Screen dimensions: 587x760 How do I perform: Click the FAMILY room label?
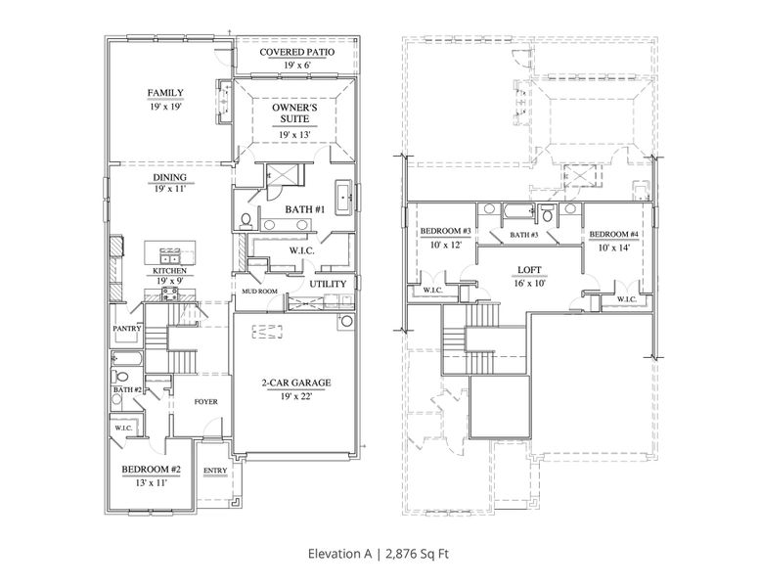point(166,93)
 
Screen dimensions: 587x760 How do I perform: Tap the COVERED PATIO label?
point(294,51)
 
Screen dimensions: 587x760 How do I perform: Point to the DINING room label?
point(169,177)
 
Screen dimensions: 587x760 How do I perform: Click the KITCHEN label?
point(169,269)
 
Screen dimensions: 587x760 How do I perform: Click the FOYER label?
point(205,402)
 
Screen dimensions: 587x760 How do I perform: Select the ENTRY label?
point(215,471)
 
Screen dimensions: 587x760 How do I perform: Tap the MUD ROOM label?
point(254,292)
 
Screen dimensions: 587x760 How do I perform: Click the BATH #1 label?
point(304,209)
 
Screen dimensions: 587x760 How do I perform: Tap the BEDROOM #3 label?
point(445,232)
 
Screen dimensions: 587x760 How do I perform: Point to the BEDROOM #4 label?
point(614,236)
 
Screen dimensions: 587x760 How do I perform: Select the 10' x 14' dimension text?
point(614,248)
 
